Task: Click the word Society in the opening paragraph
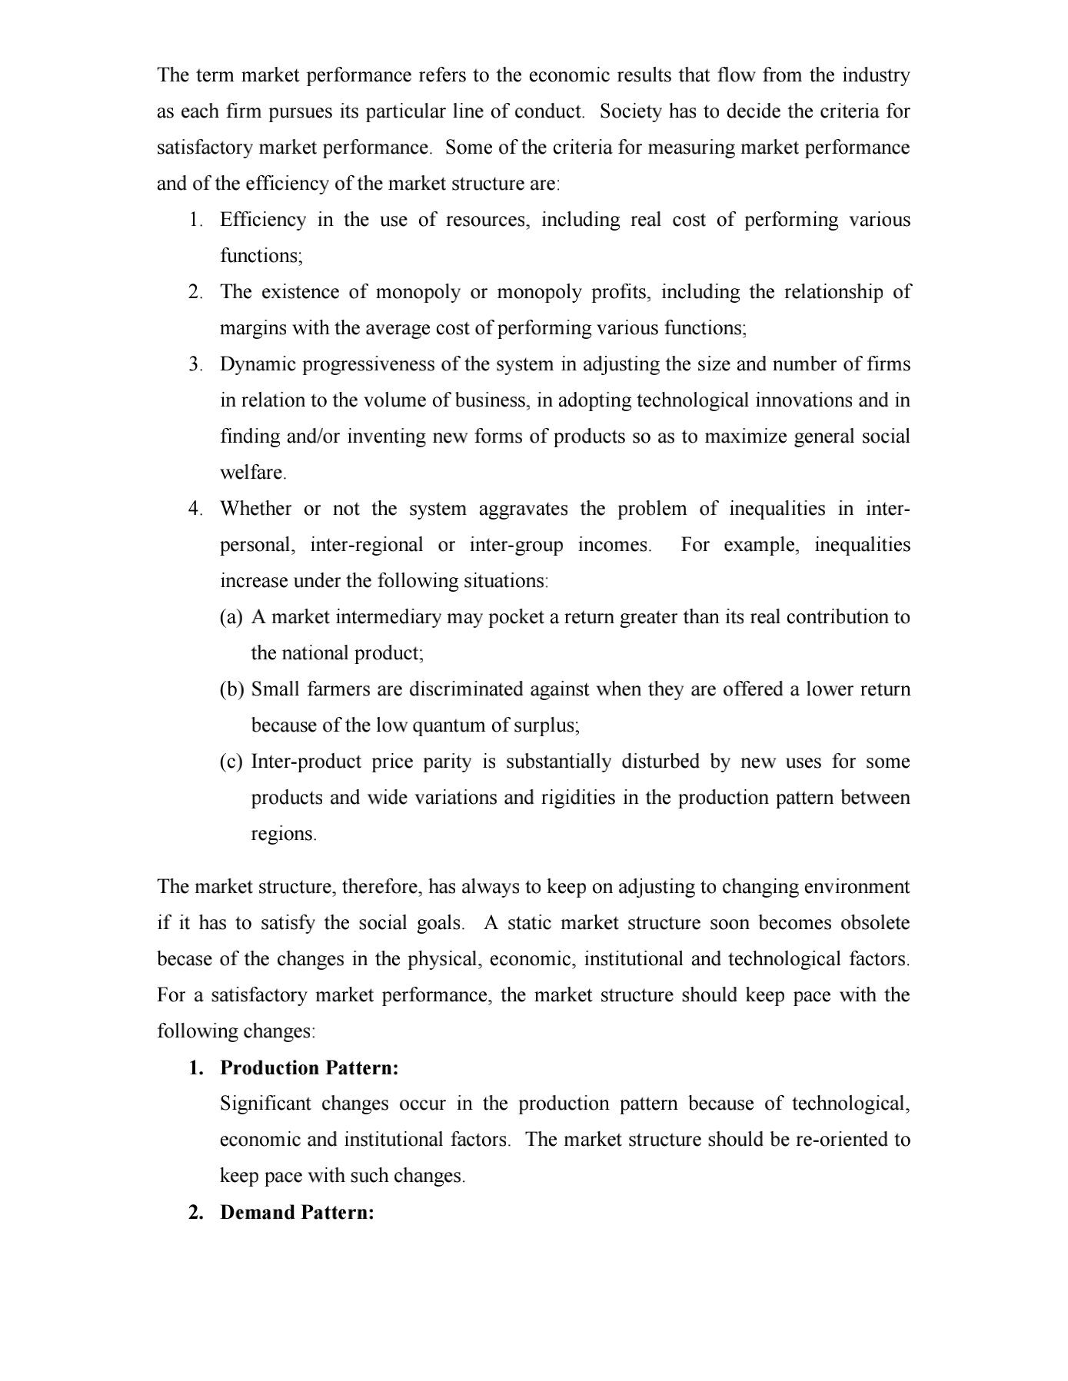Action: (x=630, y=111)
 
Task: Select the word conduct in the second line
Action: (x=549, y=111)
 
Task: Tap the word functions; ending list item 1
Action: (x=261, y=256)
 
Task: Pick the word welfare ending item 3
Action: (x=252, y=473)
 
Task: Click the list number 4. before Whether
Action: (x=196, y=509)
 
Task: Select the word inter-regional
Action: (x=366, y=545)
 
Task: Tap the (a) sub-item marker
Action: (x=231, y=617)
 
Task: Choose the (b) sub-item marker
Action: (x=231, y=689)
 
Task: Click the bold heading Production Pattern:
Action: (x=309, y=1068)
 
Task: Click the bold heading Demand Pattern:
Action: (x=297, y=1213)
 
